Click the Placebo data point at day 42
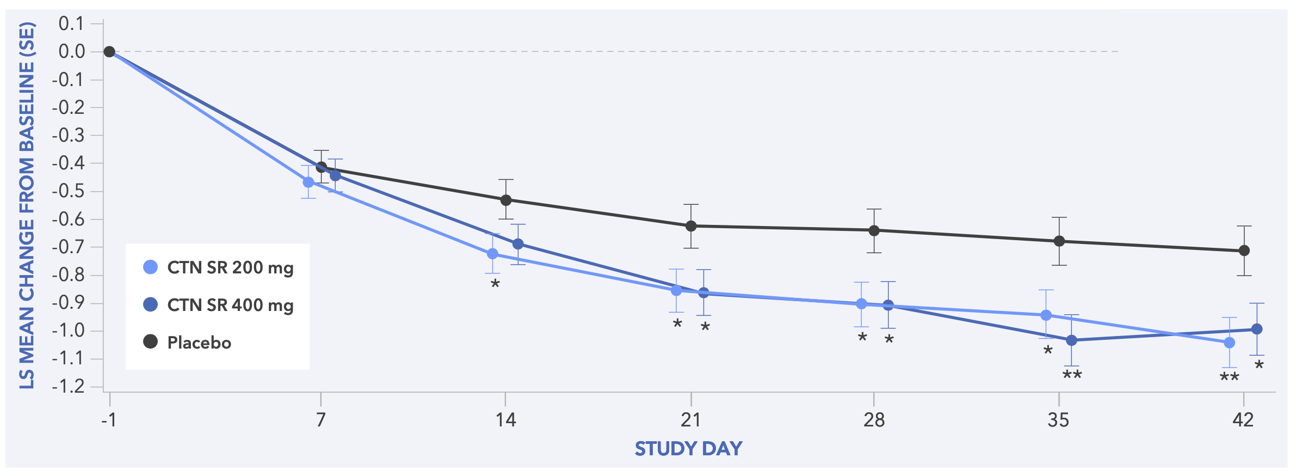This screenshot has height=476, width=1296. click(1244, 251)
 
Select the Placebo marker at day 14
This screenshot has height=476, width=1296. click(506, 200)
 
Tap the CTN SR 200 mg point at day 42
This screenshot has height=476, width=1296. click(1229, 343)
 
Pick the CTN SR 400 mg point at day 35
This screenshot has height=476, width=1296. click(1071, 340)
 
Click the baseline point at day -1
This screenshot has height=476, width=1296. click(109, 52)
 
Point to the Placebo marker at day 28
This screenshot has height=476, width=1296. click(874, 230)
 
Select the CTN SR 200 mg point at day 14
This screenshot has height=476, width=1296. click(492, 254)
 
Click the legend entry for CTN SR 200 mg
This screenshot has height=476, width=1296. click(230, 267)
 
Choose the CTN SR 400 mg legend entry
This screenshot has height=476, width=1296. click(230, 305)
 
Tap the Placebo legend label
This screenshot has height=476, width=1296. click(199, 343)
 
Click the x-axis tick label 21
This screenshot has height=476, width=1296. click(690, 420)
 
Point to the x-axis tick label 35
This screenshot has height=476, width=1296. click(1058, 420)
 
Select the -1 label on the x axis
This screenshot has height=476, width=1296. click(109, 420)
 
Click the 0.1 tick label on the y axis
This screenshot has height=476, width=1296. click(72, 23)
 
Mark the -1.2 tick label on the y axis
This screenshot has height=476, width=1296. click(69, 386)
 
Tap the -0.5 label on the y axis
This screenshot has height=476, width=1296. click(69, 191)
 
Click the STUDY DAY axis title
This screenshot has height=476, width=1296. click(688, 448)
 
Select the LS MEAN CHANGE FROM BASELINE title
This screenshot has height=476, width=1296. click(27, 205)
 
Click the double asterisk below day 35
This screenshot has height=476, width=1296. click(1072, 375)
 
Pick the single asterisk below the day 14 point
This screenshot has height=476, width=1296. click(495, 284)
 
